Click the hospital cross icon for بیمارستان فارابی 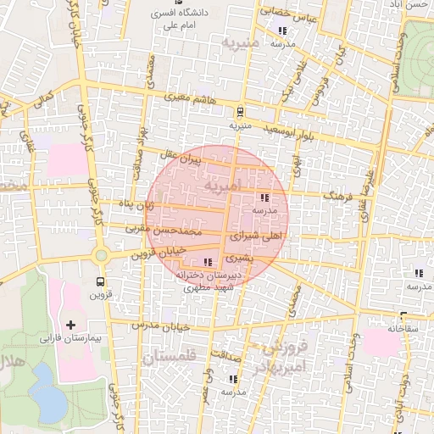tap(70, 325)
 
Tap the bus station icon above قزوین tap(102, 281)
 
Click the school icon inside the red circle tap(255, 198)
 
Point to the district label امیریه tap(222, 184)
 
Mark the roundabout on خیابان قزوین tap(102, 254)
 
